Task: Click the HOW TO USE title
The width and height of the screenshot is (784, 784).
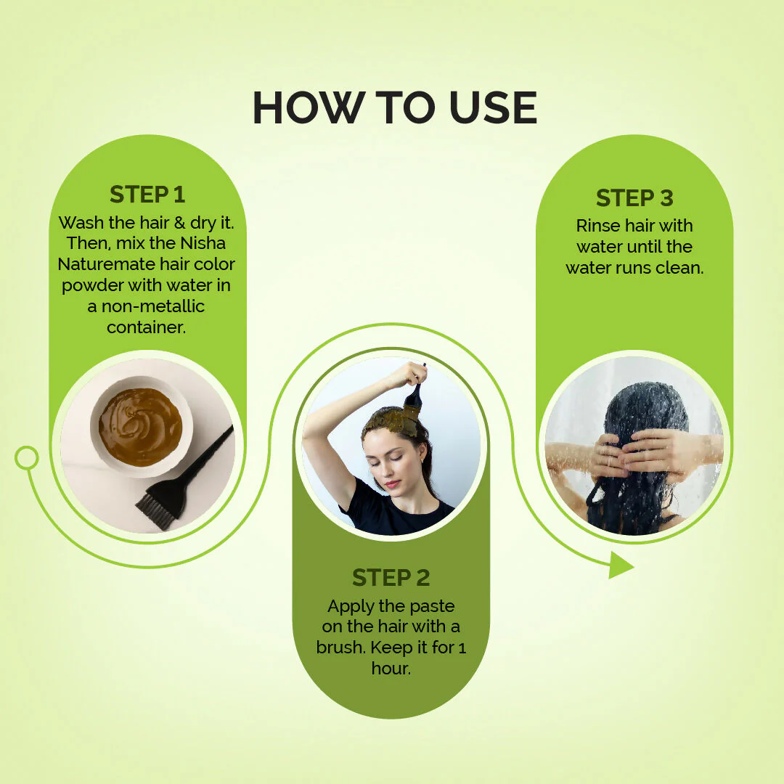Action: [x=394, y=107]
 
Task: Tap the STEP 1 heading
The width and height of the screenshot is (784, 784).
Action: [x=147, y=195]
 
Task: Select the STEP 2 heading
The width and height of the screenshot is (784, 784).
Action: [x=391, y=578]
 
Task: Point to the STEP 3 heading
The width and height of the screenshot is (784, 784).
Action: [x=634, y=198]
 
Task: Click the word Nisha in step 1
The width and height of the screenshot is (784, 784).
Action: [x=203, y=243]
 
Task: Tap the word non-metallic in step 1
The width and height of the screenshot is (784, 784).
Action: [x=153, y=306]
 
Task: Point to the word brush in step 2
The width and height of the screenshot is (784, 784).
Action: [x=341, y=647]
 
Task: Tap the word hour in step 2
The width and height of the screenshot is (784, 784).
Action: [x=391, y=668]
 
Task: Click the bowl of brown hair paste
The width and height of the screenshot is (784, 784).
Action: [x=141, y=426]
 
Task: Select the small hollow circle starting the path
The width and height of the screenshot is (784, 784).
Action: [x=27, y=457]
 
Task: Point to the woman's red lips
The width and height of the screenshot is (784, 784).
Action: [x=393, y=484]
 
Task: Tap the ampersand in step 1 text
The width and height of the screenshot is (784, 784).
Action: [x=179, y=223]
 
